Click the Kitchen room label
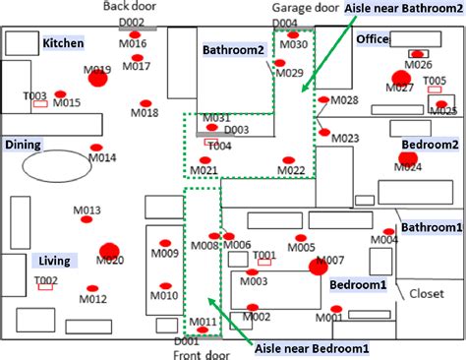[x=62, y=43]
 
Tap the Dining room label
[x=24, y=145]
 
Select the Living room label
[x=53, y=261]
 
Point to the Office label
[x=373, y=38]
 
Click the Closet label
[x=427, y=292]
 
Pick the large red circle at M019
[x=96, y=79]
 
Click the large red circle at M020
[x=109, y=250]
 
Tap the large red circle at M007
[x=317, y=266]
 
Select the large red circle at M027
[x=399, y=79]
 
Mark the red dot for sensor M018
[x=146, y=103]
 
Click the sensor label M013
[x=87, y=210]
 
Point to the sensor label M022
[x=290, y=171]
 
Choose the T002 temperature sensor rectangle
[x=45, y=290]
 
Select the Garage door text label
[x=301, y=7]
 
